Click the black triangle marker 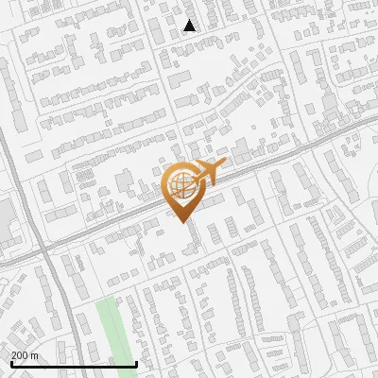(190, 26)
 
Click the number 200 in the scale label (21, 355)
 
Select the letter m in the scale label (36, 355)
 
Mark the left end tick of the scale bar (11, 363)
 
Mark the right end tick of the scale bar (137, 363)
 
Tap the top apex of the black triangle (190, 20)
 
